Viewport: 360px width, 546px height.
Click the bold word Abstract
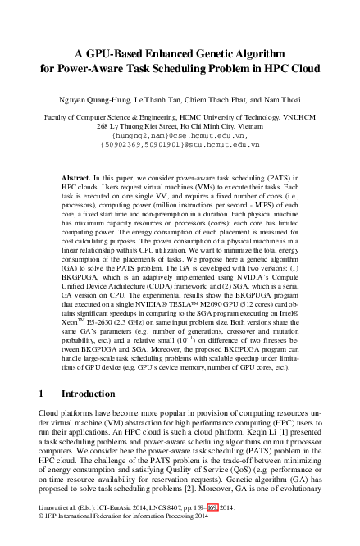[78, 177]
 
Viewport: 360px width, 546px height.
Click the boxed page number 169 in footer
[213, 530]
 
